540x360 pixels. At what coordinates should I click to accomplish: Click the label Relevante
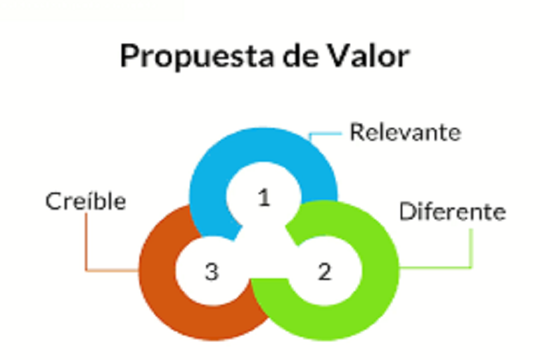point(405,132)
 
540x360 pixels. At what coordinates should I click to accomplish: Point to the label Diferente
point(452,212)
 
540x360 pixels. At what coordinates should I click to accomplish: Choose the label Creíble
point(86,201)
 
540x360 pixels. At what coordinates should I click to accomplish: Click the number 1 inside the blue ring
point(264,198)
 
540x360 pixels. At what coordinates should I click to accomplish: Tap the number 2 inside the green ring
point(324,272)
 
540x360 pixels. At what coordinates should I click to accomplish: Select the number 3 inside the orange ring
point(211,272)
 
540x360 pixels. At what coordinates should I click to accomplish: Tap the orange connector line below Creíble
point(86,246)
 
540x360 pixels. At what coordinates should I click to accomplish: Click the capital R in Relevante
point(356,132)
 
